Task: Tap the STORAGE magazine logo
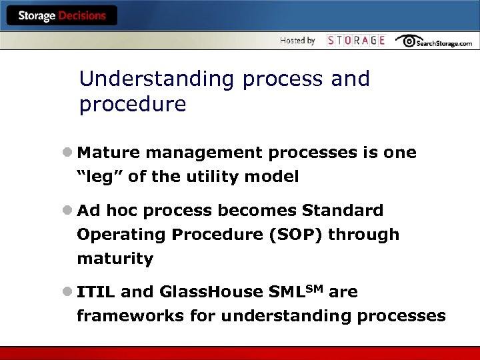pos(356,41)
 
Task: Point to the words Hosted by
pos(297,41)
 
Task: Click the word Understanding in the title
pos(157,79)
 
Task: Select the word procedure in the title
pos(132,105)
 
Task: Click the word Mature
pos(109,153)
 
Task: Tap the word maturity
pos(115,259)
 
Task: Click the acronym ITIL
pos(96,292)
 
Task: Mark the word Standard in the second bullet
pos(343,211)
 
